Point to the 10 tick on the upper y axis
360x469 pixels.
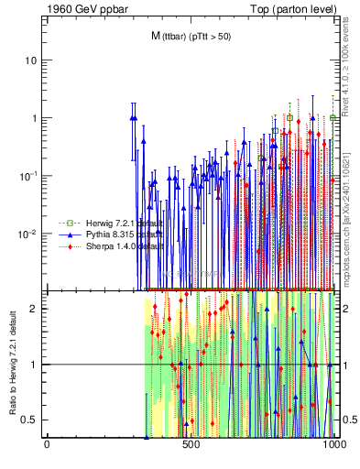32,60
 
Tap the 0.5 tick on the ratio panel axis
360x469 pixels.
30,420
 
